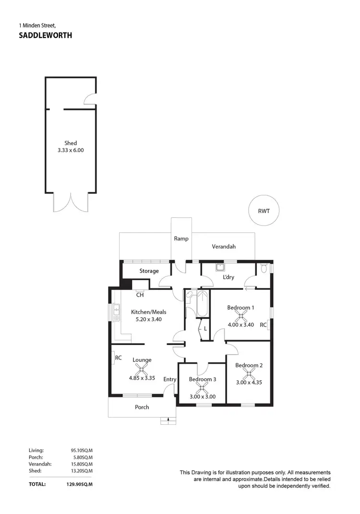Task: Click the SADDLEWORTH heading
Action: coord(45,35)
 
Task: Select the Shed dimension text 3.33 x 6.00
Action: coord(71,150)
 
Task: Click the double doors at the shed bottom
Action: coord(71,202)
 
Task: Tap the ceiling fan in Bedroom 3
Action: coord(202,388)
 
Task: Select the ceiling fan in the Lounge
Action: coord(142,369)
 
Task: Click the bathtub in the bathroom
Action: coord(203,304)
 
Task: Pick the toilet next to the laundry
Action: coord(264,268)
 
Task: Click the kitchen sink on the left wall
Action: coord(116,312)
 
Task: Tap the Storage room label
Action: coord(149,271)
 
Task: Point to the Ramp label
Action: coord(181,239)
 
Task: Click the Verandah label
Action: coord(224,247)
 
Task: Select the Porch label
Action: coord(142,407)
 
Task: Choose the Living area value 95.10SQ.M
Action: coord(82,451)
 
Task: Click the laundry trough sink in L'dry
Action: coord(220,267)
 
